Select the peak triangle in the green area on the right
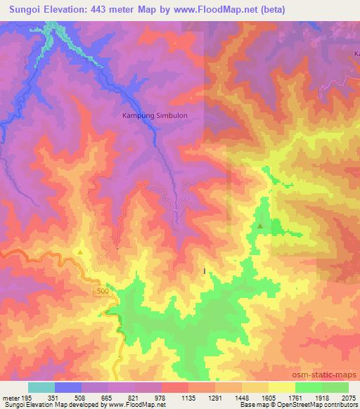coord(261,226)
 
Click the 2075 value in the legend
coord(348,397)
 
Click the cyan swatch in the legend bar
coord(41,387)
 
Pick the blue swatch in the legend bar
coord(68,387)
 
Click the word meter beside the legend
coord(13,397)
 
